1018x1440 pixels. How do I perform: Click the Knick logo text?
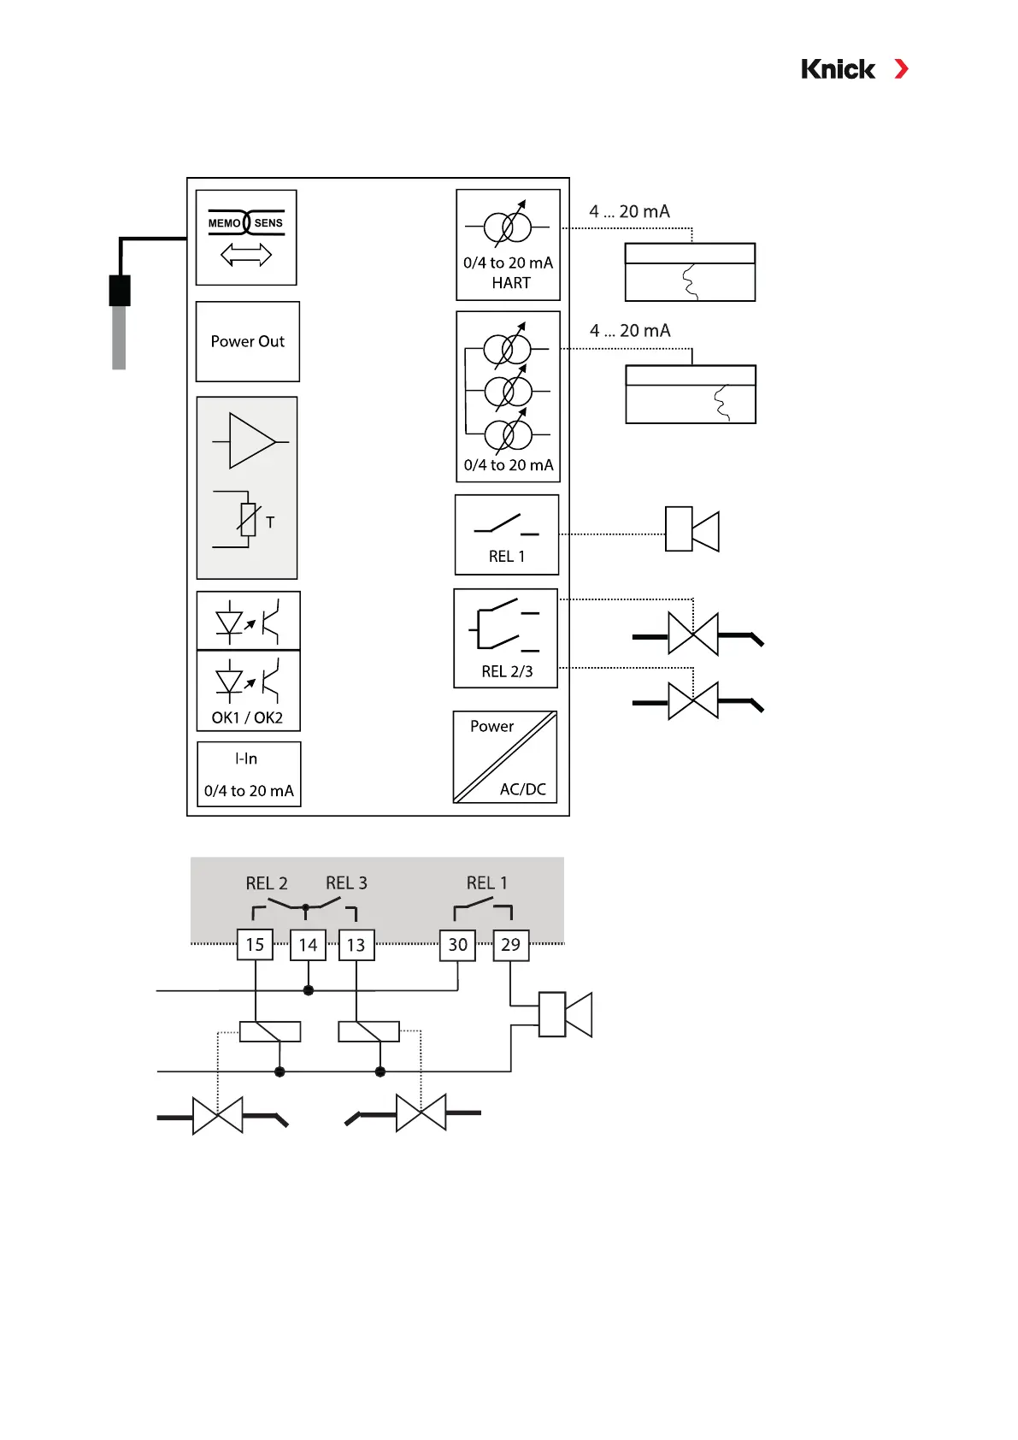coord(838,69)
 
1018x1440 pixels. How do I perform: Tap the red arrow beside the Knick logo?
coord(901,69)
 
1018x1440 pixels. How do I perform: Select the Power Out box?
coord(248,341)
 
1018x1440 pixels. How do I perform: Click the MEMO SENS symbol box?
coord(246,237)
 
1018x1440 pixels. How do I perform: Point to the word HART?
coord(511,283)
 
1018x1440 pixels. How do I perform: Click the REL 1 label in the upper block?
coord(507,557)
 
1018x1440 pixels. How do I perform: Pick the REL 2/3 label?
coord(507,671)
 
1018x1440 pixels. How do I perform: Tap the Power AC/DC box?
coord(505,757)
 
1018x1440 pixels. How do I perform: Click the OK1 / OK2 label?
coord(247,717)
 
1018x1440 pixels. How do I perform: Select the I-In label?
coord(246,758)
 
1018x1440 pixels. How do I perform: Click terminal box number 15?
coord(255,945)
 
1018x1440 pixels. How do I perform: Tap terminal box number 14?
coord(308,945)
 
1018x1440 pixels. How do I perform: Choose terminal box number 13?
coord(356,945)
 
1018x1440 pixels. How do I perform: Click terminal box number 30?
coord(458,945)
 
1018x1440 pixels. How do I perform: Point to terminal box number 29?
coord(510,945)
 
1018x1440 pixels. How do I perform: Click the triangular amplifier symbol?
coord(250,441)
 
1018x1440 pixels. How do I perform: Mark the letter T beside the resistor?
coord(270,522)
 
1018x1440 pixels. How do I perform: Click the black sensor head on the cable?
coord(120,291)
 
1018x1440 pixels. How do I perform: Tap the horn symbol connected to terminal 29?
coord(565,1014)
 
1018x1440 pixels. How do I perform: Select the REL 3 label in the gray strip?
coord(346,883)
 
